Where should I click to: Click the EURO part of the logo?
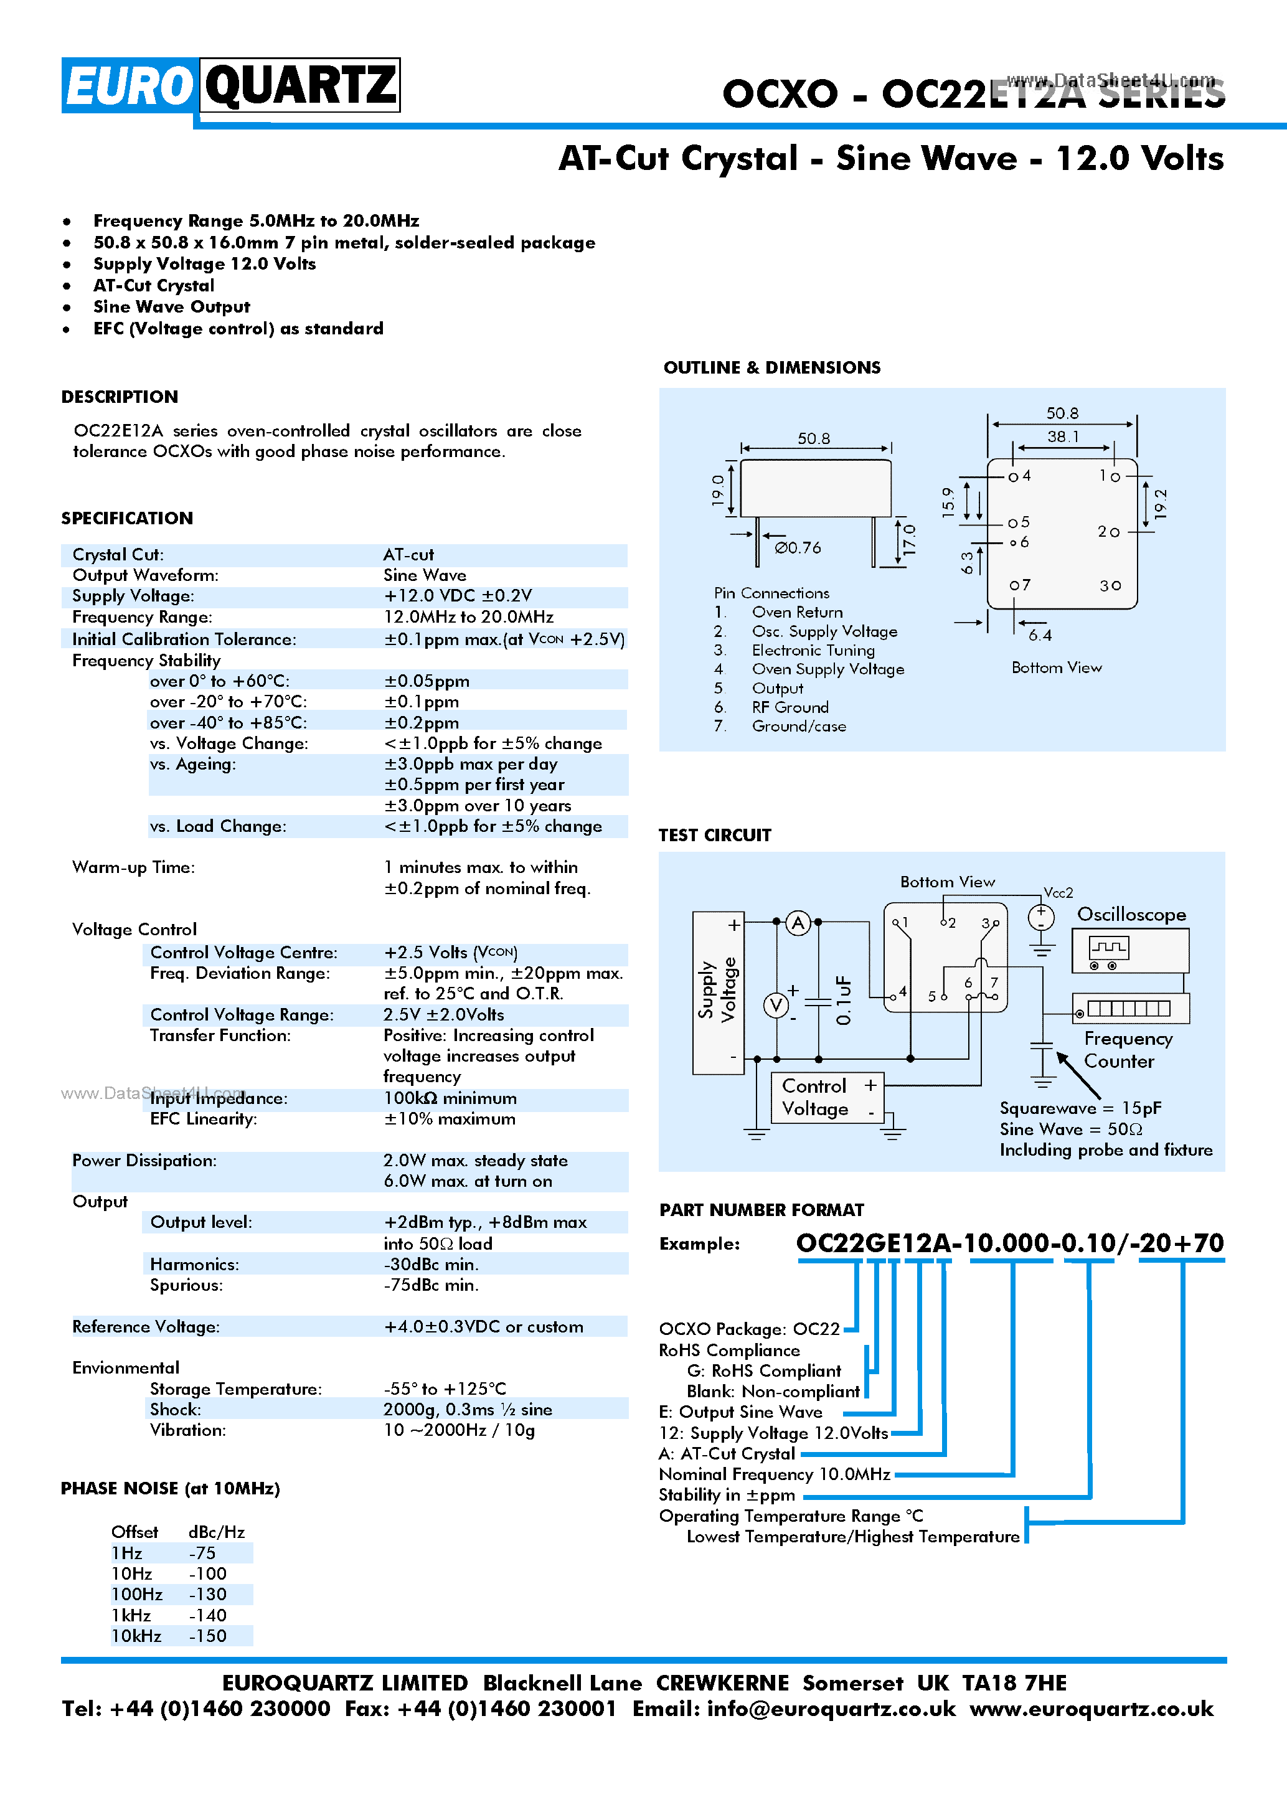tap(129, 85)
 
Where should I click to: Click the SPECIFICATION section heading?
tap(127, 519)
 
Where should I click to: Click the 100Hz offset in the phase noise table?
tap(136, 1594)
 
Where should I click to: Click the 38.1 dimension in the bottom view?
tap(1062, 436)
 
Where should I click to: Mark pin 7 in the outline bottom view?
tap(1020, 585)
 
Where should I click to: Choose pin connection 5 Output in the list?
tap(776, 688)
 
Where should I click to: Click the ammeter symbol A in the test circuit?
tap(798, 923)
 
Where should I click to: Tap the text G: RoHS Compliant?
tap(763, 1371)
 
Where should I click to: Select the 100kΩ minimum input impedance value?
tap(450, 1098)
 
